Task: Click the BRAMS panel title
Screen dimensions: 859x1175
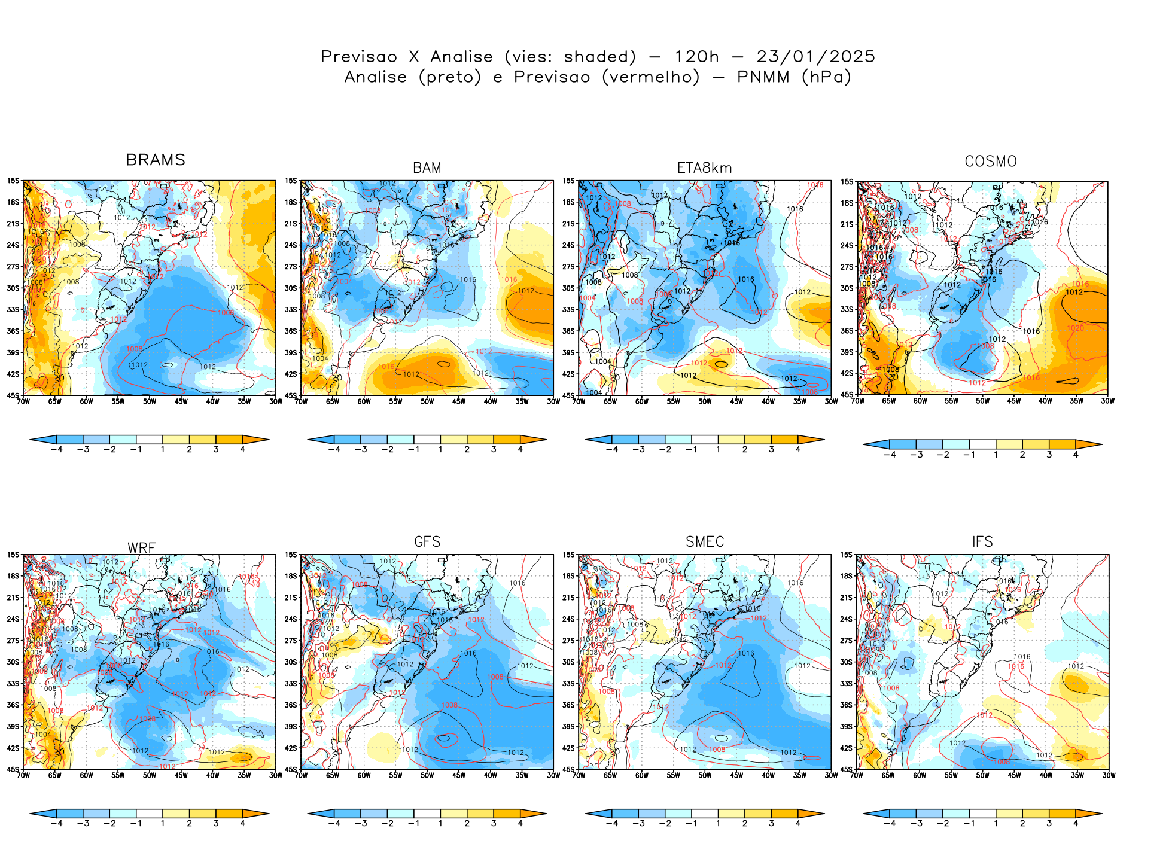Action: [156, 160]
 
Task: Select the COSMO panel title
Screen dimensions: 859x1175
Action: [991, 162]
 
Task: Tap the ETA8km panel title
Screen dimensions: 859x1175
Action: [704, 168]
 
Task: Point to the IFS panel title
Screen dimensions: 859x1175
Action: [982, 542]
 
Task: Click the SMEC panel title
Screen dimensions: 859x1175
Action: [705, 542]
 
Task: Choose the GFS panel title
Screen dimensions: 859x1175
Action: [427, 542]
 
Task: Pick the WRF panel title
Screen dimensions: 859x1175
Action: [142, 548]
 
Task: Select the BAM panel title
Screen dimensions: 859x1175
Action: [427, 168]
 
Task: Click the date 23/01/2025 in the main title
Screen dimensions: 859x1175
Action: [815, 57]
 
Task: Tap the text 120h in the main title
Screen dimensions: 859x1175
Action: [696, 57]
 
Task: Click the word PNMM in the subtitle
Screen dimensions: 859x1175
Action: [763, 77]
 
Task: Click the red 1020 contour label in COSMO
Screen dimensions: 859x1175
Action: [1075, 328]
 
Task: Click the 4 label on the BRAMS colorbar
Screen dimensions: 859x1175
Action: [242, 449]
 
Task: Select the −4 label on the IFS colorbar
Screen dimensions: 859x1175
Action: [890, 823]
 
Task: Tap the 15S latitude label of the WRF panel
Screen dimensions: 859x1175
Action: [13, 555]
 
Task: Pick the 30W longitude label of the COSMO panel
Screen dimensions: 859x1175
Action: [1107, 401]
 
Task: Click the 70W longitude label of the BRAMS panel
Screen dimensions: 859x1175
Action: [23, 401]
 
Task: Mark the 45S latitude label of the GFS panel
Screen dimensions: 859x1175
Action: [291, 769]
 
